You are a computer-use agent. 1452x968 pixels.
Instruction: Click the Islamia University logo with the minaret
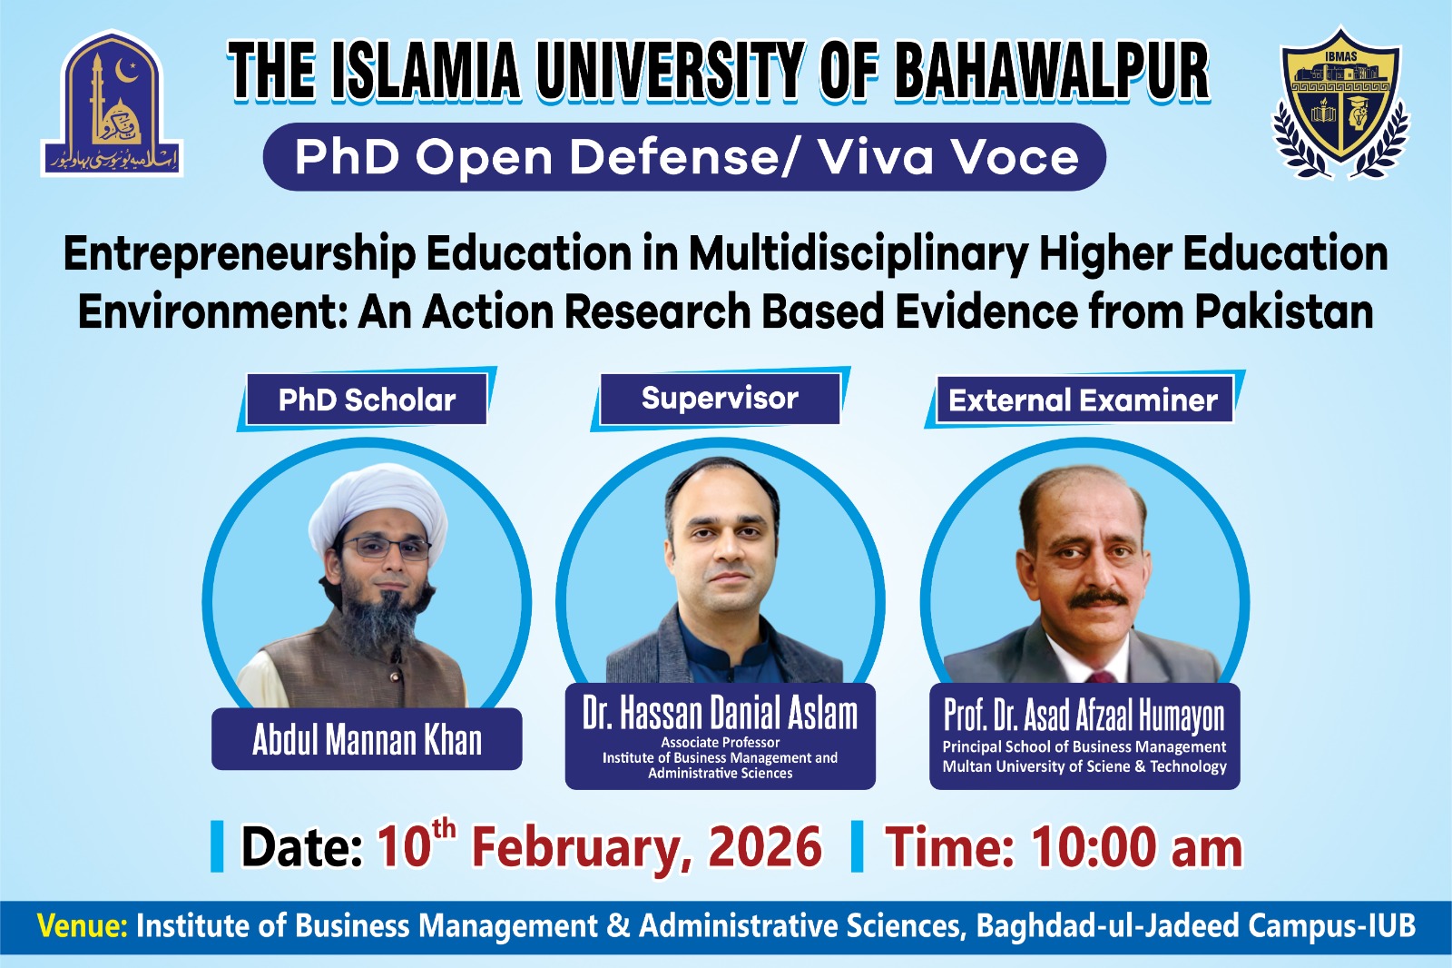click(x=112, y=104)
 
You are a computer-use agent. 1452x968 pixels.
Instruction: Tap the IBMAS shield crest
click(x=1340, y=103)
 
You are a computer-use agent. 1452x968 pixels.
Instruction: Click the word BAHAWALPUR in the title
click(x=1052, y=72)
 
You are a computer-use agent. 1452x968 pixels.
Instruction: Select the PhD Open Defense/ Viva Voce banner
click(x=684, y=156)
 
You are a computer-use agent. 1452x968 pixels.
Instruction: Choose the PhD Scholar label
click(x=367, y=400)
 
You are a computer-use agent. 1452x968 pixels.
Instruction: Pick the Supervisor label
click(x=720, y=399)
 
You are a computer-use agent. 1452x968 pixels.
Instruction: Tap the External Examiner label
click(x=1084, y=400)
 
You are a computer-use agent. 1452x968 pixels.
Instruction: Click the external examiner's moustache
click(x=1097, y=598)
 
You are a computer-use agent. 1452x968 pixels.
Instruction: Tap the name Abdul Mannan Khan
click(x=367, y=740)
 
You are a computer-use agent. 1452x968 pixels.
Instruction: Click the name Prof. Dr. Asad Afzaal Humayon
click(x=1084, y=715)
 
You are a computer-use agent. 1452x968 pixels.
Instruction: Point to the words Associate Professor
click(x=721, y=742)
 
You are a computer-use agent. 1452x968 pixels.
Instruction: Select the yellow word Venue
click(x=83, y=926)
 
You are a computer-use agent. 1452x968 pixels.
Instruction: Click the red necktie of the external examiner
click(x=1100, y=677)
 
